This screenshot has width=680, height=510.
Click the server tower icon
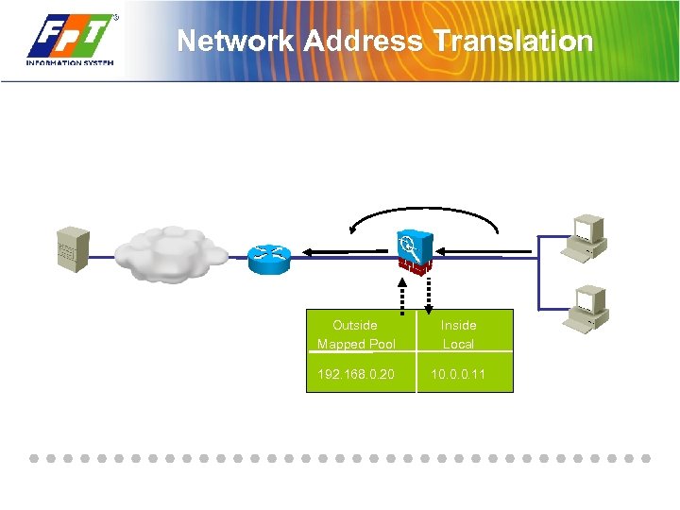coord(73,249)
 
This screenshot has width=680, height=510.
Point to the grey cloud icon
coord(171,252)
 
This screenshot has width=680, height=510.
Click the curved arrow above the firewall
coord(423,214)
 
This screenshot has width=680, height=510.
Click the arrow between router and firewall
coord(345,252)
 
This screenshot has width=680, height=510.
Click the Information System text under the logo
coord(70,63)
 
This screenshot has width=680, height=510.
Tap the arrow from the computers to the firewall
coord(486,252)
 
